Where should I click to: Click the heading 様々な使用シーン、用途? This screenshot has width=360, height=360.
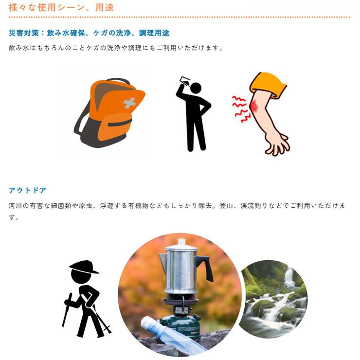tap(61, 7)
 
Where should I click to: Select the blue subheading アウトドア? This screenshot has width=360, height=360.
tap(28, 190)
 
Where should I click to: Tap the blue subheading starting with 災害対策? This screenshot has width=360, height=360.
tap(89, 33)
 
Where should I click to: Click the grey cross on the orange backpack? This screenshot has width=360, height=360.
tap(128, 103)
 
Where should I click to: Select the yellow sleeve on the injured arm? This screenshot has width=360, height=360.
tap(268, 84)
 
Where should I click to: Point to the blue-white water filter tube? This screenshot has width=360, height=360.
tap(165, 336)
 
